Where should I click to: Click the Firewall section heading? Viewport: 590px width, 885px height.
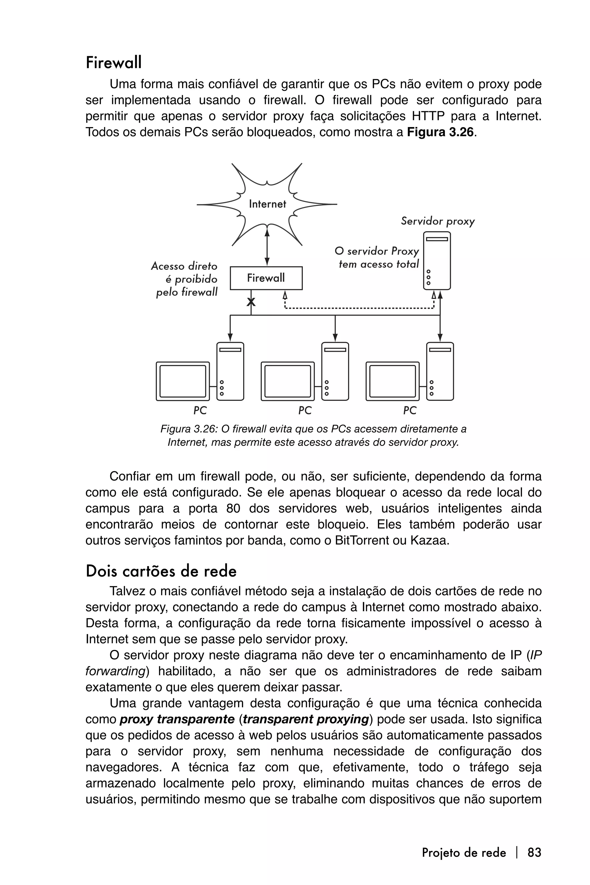click(x=114, y=63)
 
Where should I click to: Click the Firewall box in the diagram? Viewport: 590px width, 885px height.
click(x=266, y=278)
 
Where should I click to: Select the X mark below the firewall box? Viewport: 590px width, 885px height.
click(x=251, y=302)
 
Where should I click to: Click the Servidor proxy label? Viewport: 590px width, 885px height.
click(x=438, y=221)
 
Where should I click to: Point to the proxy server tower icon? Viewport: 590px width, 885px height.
click(x=437, y=260)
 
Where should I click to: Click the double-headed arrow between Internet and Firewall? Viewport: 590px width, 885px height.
click(x=267, y=247)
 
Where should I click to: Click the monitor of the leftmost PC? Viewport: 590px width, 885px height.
click(x=183, y=381)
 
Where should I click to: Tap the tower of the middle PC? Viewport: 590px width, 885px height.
click(x=335, y=371)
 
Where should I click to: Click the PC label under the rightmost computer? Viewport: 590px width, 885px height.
click(x=410, y=410)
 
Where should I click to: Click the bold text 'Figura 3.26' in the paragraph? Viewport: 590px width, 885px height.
click(x=440, y=133)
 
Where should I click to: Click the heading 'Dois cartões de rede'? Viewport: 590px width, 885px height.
click(x=161, y=571)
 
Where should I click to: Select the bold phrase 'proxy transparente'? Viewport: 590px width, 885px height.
click(x=177, y=719)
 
